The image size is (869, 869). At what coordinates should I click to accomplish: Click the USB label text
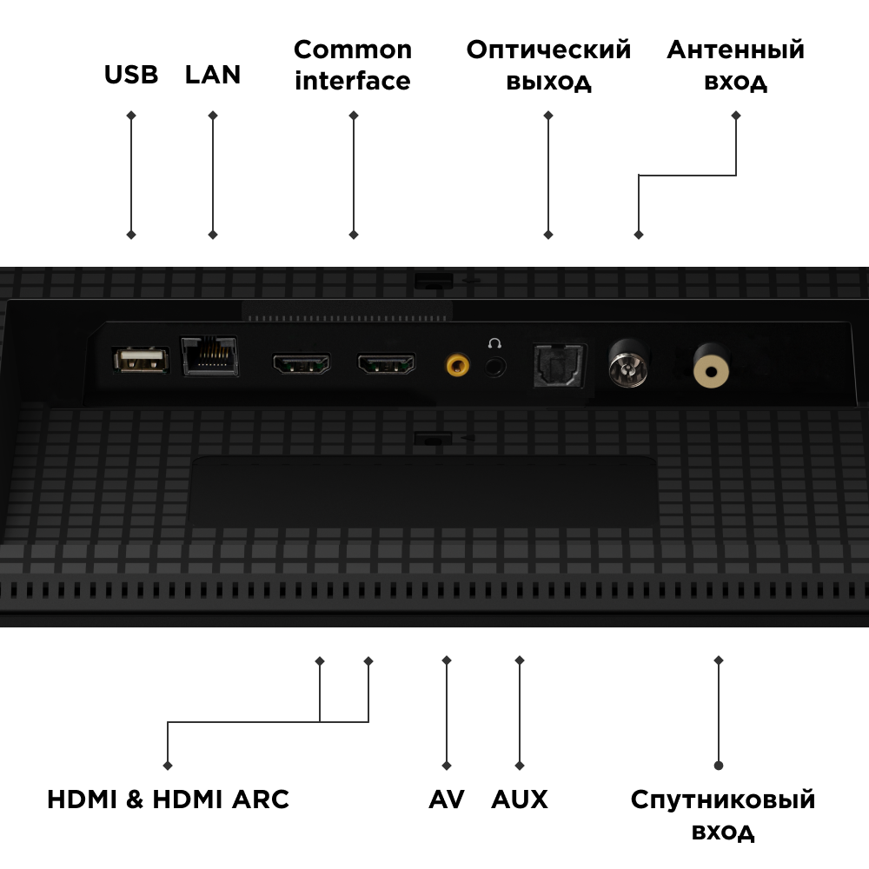tap(131, 75)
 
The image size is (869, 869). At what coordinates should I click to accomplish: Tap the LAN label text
tap(213, 75)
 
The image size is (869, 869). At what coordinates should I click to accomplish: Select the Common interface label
tap(353, 65)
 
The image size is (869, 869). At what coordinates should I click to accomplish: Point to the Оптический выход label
tap(548, 65)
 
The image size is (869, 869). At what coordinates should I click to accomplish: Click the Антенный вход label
tap(736, 65)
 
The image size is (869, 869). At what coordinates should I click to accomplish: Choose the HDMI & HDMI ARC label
tap(168, 799)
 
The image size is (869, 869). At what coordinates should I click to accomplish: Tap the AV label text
tap(447, 799)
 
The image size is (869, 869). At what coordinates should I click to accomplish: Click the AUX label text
tap(520, 799)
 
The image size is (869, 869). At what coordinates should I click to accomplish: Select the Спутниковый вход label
tap(723, 815)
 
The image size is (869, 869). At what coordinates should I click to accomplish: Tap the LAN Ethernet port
tap(209, 356)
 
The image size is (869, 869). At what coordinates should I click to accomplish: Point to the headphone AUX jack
tap(495, 366)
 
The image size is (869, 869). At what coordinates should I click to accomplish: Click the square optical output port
tap(559, 365)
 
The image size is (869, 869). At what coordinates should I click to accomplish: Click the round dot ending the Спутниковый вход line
tap(719, 766)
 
